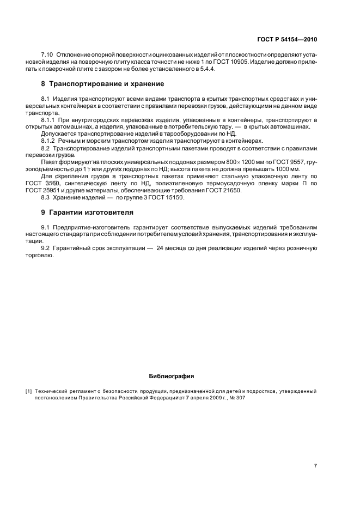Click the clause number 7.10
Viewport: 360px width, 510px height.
48,56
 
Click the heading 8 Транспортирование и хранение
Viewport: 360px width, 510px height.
102,84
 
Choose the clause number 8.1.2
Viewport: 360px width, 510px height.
49,141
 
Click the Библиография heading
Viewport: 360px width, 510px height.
171,376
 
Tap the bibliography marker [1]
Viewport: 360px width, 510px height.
29,391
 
